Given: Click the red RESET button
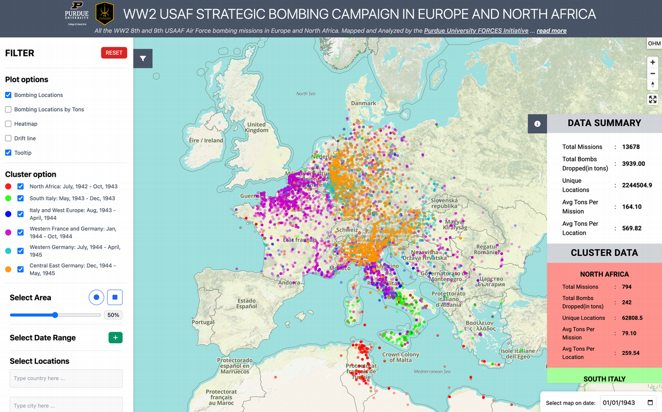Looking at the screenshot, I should [x=114, y=52].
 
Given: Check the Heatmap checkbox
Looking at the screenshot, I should [x=8, y=124].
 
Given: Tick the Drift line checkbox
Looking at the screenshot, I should [x=8, y=138].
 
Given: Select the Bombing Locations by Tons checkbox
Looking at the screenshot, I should [x=8, y=109].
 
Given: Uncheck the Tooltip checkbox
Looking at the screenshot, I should [x=8, y=153].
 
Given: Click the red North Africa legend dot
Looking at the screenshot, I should [x=8, y=186].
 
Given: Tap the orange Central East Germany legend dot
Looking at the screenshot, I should [x=8, y=269].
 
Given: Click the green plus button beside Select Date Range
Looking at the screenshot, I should [x=115, y=338].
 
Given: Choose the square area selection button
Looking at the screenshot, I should [x=115, y=297].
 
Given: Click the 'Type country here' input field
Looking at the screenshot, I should [x=66, y=379].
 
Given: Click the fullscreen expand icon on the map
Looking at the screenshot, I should [x=653, y=100].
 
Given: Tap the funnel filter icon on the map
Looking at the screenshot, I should [x=143, y=59].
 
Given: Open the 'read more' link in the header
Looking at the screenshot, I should [x=552, y=31].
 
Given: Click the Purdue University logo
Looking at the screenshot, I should [x=76, y=13].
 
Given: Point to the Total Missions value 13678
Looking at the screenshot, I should [x=631, y=147].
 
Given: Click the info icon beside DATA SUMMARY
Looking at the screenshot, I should [x=537, y=124].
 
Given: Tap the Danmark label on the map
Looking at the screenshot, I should [x=363, y=103].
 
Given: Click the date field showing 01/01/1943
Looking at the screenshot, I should [x=628, y=403].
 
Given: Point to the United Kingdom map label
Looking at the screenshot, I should [x=257, y=127].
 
